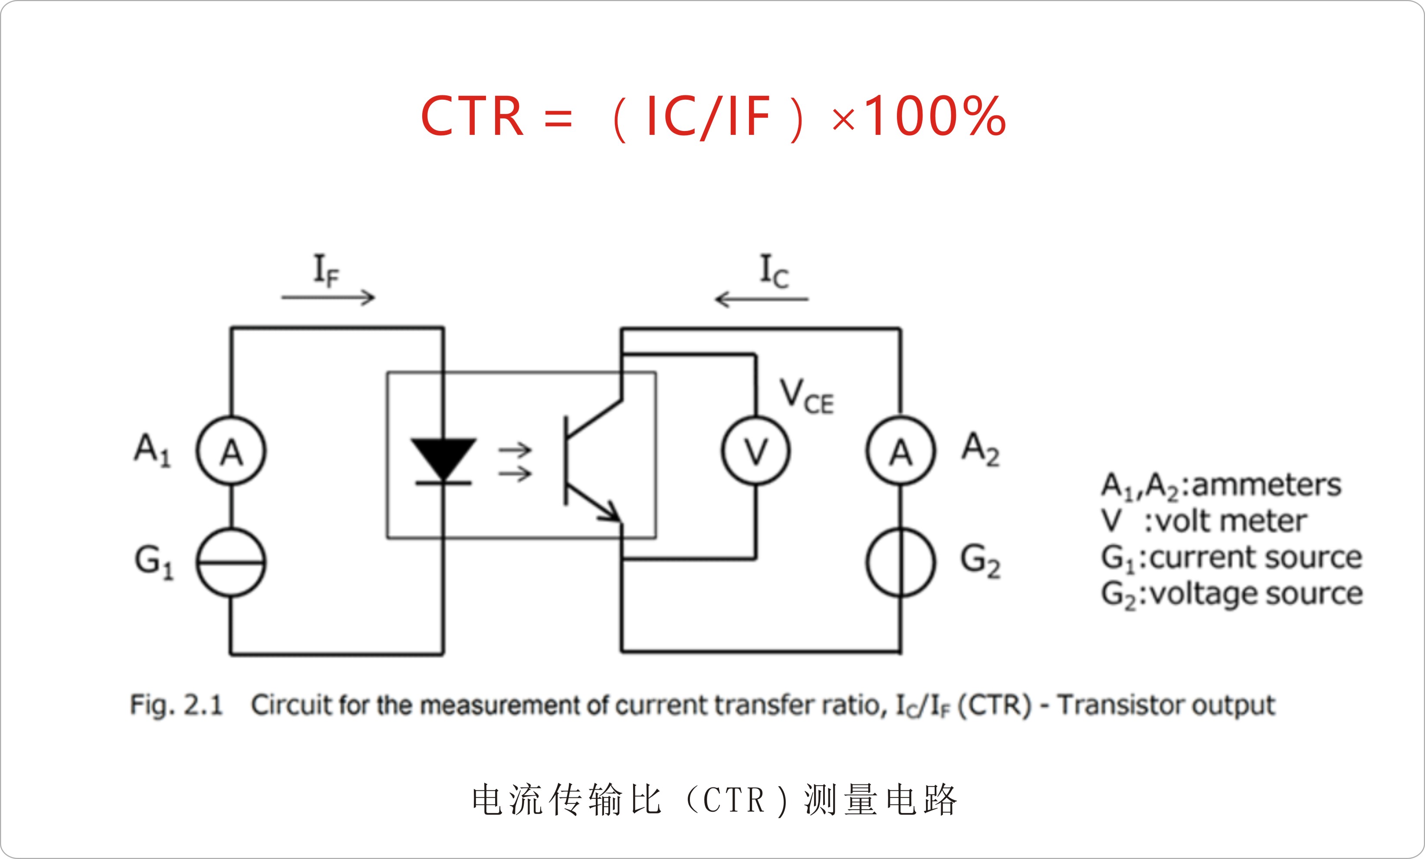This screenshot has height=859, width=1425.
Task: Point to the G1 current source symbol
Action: coord(231,562)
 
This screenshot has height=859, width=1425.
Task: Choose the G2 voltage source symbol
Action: coord(900,562)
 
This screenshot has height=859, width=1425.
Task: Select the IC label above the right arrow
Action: coord(773,271)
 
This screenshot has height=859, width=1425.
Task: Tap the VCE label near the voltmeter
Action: coord(806,397)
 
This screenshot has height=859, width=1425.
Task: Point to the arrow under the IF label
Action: coord(328,298)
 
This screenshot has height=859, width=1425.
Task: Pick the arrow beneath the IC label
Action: coord(762,300)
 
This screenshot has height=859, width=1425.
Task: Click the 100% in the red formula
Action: coord(935,117)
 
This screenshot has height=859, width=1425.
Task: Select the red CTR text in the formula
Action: coord(472,117)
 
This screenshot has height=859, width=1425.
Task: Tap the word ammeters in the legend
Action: coord(1267,484)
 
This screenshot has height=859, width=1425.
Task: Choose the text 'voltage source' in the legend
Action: coord(1256,594)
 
